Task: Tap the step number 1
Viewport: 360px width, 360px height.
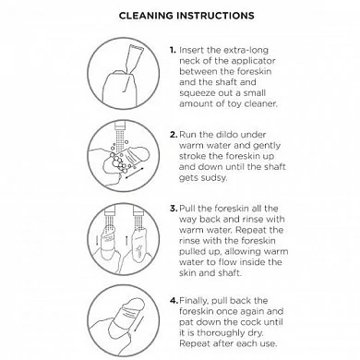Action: (173, 50)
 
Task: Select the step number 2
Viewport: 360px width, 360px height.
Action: (174, 135)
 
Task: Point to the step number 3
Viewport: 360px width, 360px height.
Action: (174, 209)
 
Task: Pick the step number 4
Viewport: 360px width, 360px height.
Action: (174, 300)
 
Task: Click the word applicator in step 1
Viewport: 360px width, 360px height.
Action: (253, 62)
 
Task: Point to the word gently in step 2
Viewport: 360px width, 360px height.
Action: (266, 146)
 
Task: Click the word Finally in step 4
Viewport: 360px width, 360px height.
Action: (194, 301)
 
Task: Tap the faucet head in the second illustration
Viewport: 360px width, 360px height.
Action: (120, 126)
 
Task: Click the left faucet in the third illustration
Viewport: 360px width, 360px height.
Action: (110, 213)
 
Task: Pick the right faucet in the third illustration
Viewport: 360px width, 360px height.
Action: (138, 213)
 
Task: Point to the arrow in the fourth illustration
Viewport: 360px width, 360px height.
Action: (138, 324)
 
